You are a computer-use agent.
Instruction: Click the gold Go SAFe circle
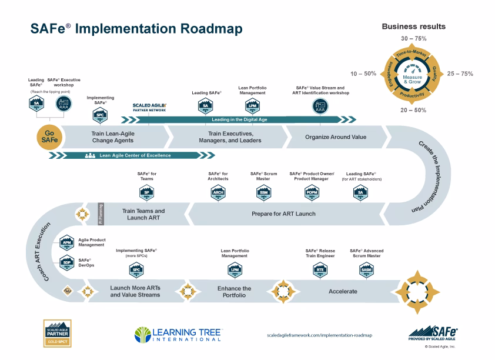point(50,136)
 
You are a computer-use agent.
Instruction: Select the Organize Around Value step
point(336,137)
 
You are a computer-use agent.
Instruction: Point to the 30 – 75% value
point(413,38)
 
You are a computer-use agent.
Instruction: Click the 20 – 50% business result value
point(413,110)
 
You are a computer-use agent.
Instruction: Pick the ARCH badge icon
point(218,192)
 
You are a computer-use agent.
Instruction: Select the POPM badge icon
point(312,192)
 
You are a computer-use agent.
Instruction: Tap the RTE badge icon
point(320,269)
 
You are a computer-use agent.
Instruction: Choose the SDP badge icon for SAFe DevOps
point(66,263)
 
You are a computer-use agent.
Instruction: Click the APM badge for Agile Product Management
point(66,241)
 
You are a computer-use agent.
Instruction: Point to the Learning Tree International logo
point(178,334)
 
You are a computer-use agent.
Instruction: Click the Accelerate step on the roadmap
point(343,291)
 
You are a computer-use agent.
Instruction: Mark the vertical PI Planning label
point(100,214)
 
